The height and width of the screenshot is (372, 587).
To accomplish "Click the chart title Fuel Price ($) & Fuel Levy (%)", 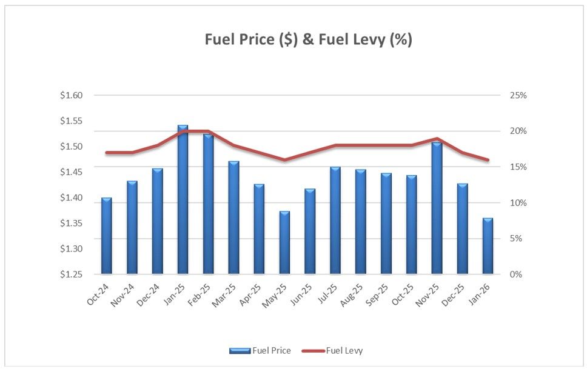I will click(309, 40).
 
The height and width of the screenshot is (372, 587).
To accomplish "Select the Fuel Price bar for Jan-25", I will click(183, 200).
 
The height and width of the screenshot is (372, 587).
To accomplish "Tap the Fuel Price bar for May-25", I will click(284, 242).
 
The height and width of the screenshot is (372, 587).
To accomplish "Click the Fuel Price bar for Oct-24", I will click(106, 236).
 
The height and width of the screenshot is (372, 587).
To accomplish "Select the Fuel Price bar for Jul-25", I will click(335, 221).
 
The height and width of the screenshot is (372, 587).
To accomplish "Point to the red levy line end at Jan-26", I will click(488, 160).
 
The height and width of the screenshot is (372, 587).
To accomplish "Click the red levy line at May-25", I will click(284, 160).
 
